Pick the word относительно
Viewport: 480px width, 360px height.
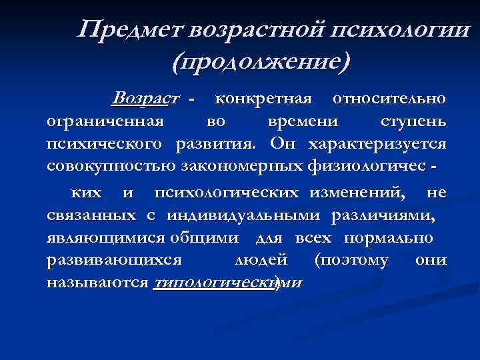[x=390, y=99]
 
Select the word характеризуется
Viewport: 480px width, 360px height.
[x=377, y=145]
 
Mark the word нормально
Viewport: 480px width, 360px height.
[x=389, y=237]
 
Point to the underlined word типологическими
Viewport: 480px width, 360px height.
[x=227, y=282]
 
